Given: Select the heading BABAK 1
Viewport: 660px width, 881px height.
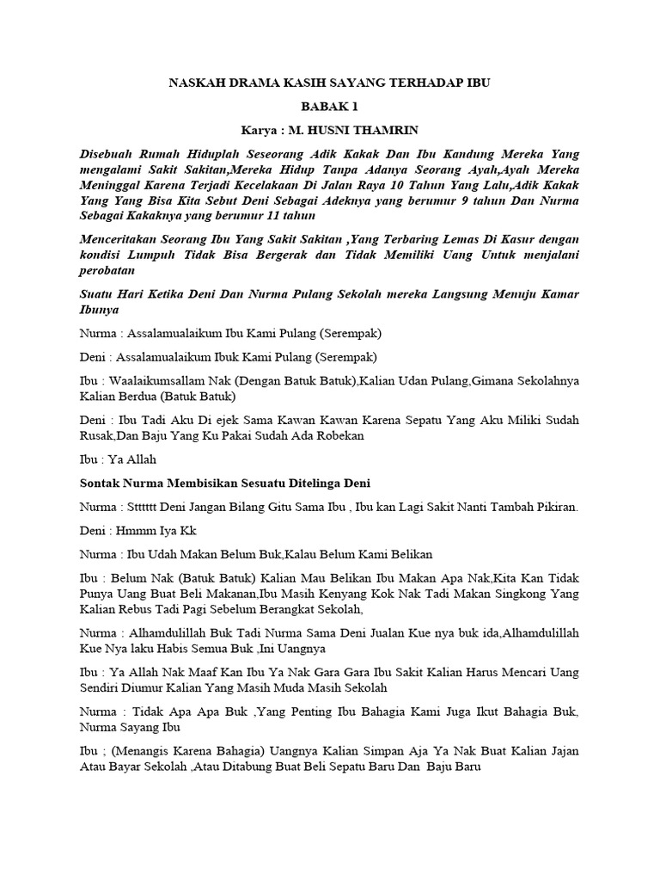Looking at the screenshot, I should coord(329,107).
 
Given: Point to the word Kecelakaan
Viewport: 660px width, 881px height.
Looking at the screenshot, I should coord(321,184).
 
